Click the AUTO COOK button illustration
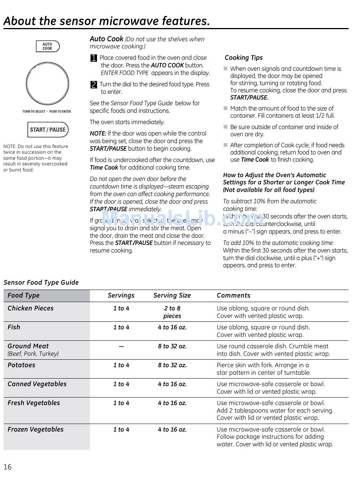(48, 46)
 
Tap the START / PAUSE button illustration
(48, 129)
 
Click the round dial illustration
(47, 83)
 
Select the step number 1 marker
(94, 58)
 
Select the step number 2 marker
(94, 85)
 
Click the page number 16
(8, 467)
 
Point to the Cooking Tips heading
(243, 58)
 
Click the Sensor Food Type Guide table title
(41, 282)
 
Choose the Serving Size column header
(172, 295)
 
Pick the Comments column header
(233, 295)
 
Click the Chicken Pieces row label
(31, 308)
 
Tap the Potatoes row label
(21, 365)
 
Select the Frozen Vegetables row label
(36, 429)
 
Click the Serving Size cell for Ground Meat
(172, 346)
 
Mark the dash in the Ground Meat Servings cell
(121, 346)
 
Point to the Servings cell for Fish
(121, 327)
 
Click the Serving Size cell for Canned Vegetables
(172, 384)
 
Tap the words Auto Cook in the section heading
(106, 39)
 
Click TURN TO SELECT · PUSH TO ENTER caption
(47, 111)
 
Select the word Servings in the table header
(121, 295)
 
